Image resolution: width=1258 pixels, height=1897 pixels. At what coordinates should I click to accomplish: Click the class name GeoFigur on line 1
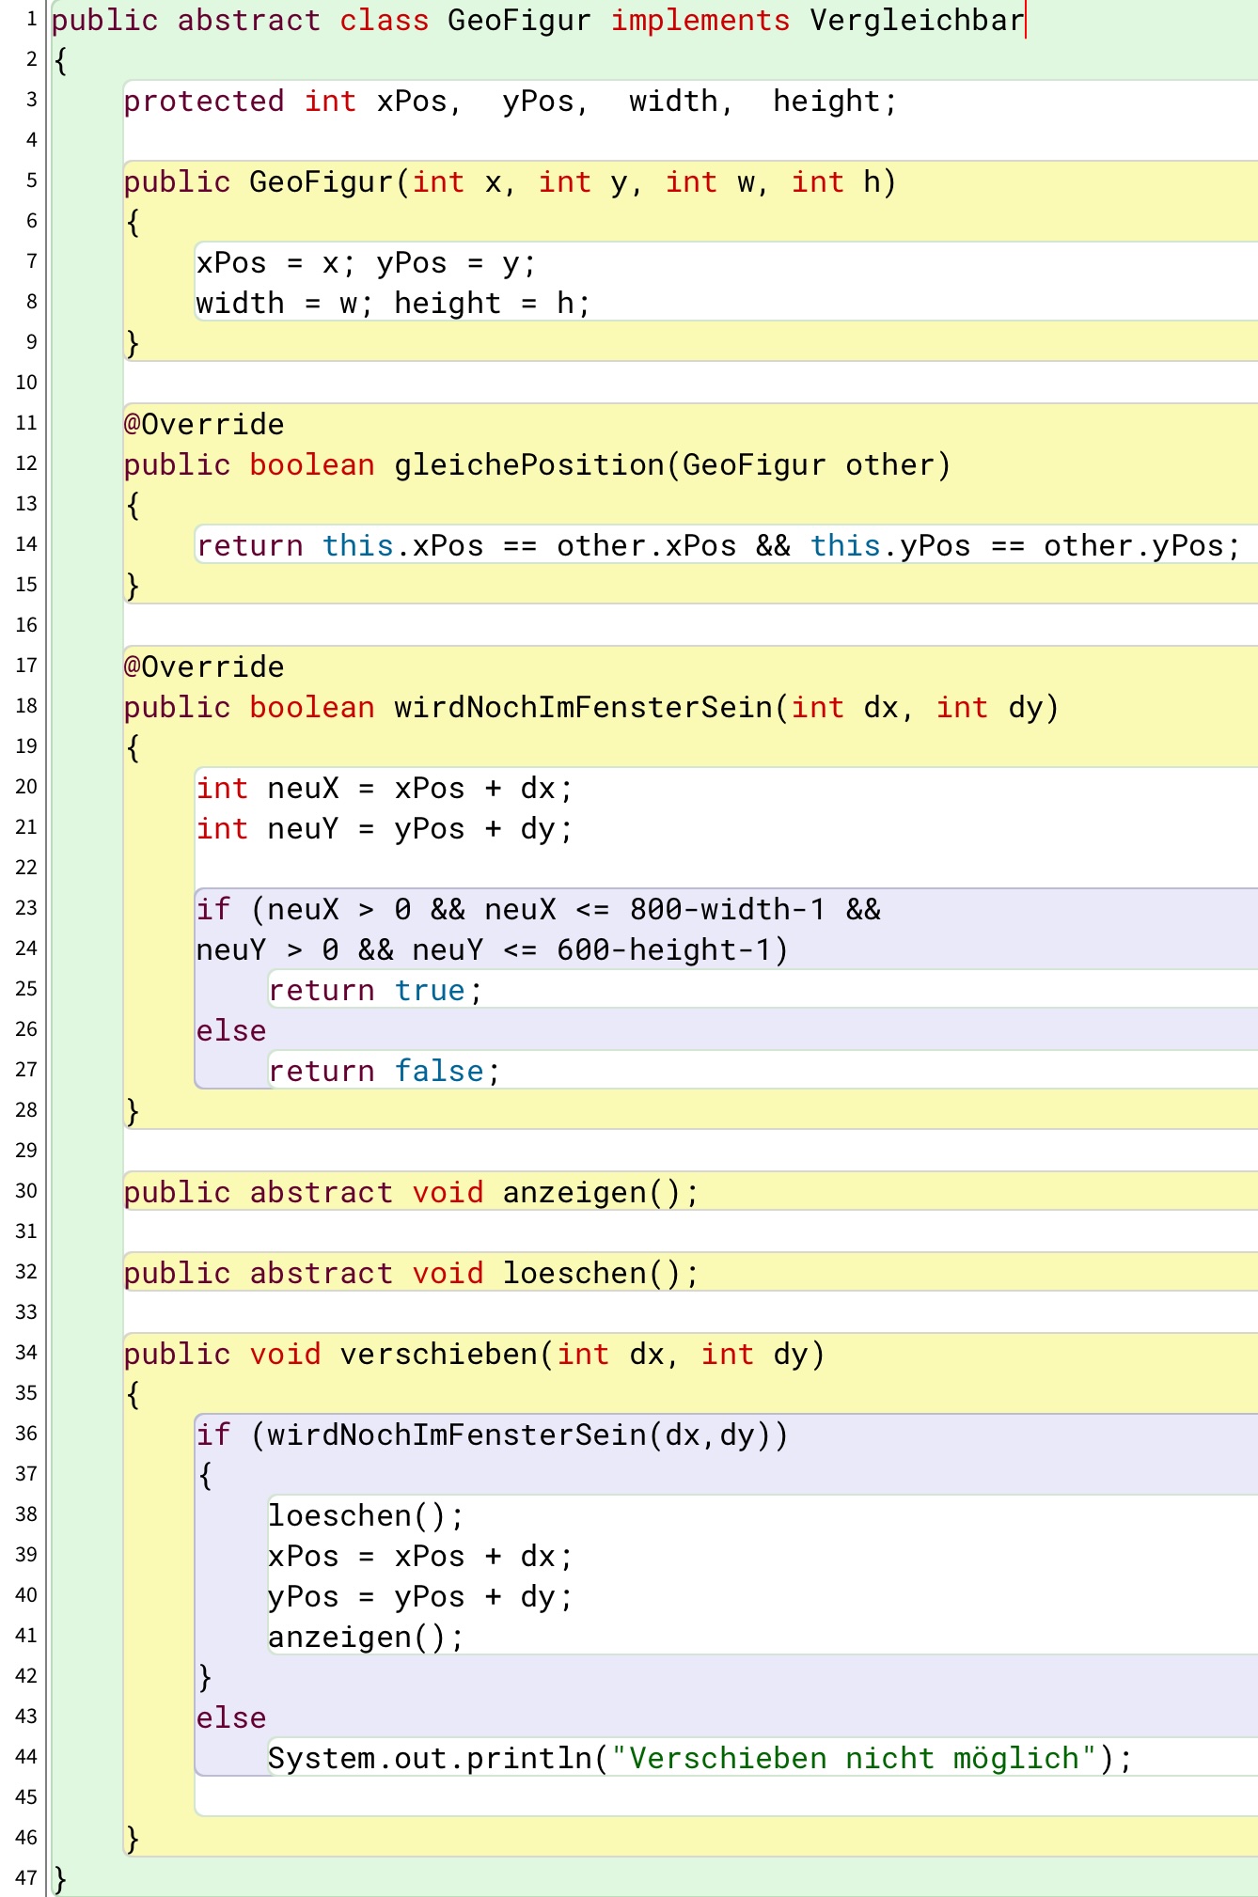point(520,21)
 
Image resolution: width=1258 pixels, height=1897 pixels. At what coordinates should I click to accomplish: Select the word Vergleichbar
point(917,21)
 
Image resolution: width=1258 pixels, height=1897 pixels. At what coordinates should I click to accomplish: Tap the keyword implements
point(700,21)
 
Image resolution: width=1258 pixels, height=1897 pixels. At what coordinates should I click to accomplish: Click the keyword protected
point(204,102)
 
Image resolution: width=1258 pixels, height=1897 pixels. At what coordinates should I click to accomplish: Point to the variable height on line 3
point(826,102)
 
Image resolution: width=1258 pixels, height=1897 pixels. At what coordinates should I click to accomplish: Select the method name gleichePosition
point(529,465)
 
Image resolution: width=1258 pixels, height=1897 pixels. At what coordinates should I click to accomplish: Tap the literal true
point(430,991)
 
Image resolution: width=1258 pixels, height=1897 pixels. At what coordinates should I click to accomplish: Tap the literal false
point(439,1072)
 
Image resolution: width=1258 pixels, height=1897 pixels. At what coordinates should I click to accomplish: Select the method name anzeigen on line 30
point(574,1193)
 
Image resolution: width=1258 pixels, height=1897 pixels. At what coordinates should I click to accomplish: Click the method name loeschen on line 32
point(574,1274)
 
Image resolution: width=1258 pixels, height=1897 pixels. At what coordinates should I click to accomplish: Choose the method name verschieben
point(439,1355)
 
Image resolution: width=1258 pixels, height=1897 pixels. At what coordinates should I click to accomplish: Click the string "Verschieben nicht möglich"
point(854,1758)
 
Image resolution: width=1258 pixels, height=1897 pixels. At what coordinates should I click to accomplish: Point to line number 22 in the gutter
point(26,868)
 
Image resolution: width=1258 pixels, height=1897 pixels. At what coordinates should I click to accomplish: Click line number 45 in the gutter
point(26,1797)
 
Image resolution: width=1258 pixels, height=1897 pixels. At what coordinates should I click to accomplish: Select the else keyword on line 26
point(231,1031)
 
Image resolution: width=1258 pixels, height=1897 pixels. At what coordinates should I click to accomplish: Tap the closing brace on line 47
point(61,1879)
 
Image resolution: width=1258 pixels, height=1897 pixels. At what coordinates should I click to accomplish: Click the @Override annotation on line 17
point(204,667)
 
